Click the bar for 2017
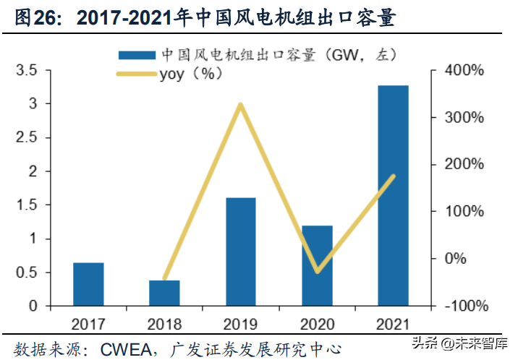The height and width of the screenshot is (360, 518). point(88,284)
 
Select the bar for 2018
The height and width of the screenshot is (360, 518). point(164,293)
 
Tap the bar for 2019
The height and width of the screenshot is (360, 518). point(241,252)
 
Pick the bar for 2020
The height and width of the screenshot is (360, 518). point(317,265)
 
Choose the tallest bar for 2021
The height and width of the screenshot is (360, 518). point(393,195)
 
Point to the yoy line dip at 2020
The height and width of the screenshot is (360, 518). point(317,272)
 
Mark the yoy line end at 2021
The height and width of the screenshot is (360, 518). point(393,176)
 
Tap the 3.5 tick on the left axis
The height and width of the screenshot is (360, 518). point(27,70)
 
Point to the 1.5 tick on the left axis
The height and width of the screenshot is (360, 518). point(27,205)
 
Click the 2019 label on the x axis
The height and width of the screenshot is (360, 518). point(241,323)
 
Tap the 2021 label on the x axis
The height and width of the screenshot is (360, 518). point(393,323)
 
